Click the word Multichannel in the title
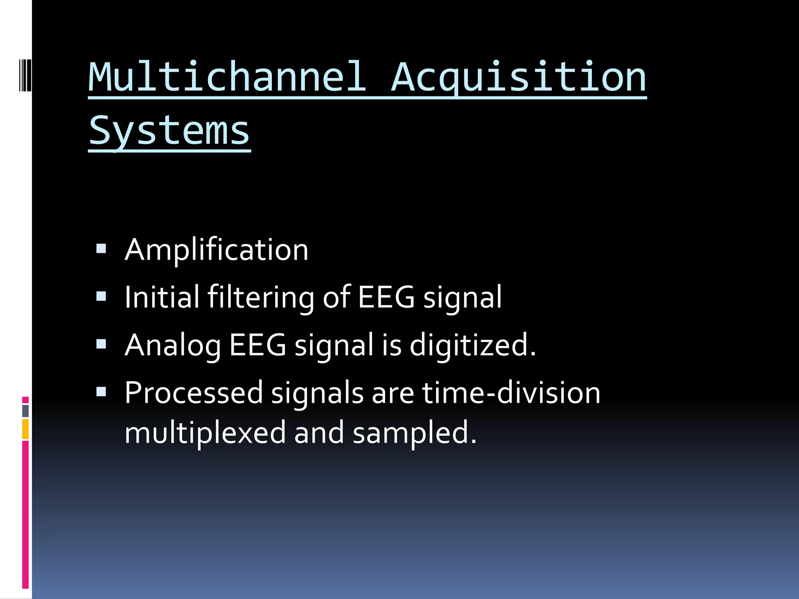pyautogui.click(x=227, y=77)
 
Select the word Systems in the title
pyautogui.click(x=169, y=131)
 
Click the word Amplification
pyautogui.click(x=217, y=250)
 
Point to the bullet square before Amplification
pyautogui.click(x=101, y=248)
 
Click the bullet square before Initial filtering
pyautogui.click(x=101, y=296)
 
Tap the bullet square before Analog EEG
pyautogui.click(x=101, y=344)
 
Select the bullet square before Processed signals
pyautogui.click(x=101, y=392)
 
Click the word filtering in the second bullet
pyautogui.click(x=261, y=297)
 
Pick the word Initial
pyautogui.click(x=162, y=297)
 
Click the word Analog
pyautogui.click(x=172, y=346)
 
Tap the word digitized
pyautogui.click(x=472, y=346)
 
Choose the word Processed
pyautogui.click(x=194, y=393)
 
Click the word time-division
pyautogui.click(x=511, y=393)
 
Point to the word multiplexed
pyautogui.click(x=205, y=433)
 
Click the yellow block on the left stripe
pyautogui.click(x=25, y=429)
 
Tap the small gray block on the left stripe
pyautogui.click(x=25, y=411)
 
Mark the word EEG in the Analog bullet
pyautogui.click(x=257, y=346)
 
